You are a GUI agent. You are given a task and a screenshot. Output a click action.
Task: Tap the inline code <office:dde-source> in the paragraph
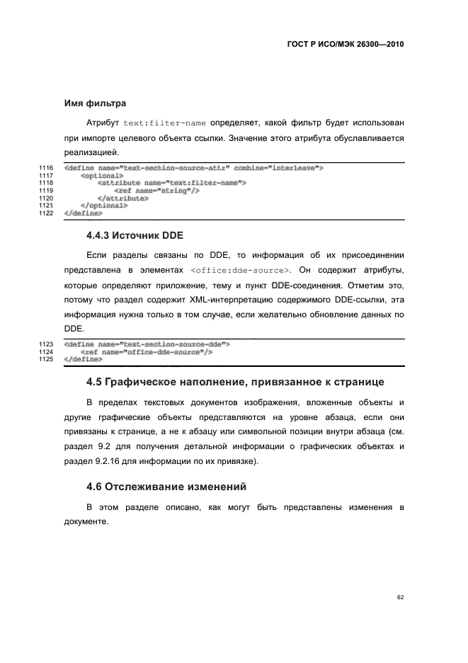coord(240,271)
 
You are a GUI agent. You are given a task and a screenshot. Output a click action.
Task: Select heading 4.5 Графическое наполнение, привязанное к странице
coord(235,382)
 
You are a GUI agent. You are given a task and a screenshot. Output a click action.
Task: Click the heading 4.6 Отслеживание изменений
coord(166,487)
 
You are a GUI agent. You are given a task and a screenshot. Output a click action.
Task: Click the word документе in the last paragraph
coord(86,521)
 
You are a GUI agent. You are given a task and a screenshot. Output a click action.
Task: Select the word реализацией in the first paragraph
coord(91,152)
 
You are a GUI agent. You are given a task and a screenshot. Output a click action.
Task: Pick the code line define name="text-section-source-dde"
coord(147,344)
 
